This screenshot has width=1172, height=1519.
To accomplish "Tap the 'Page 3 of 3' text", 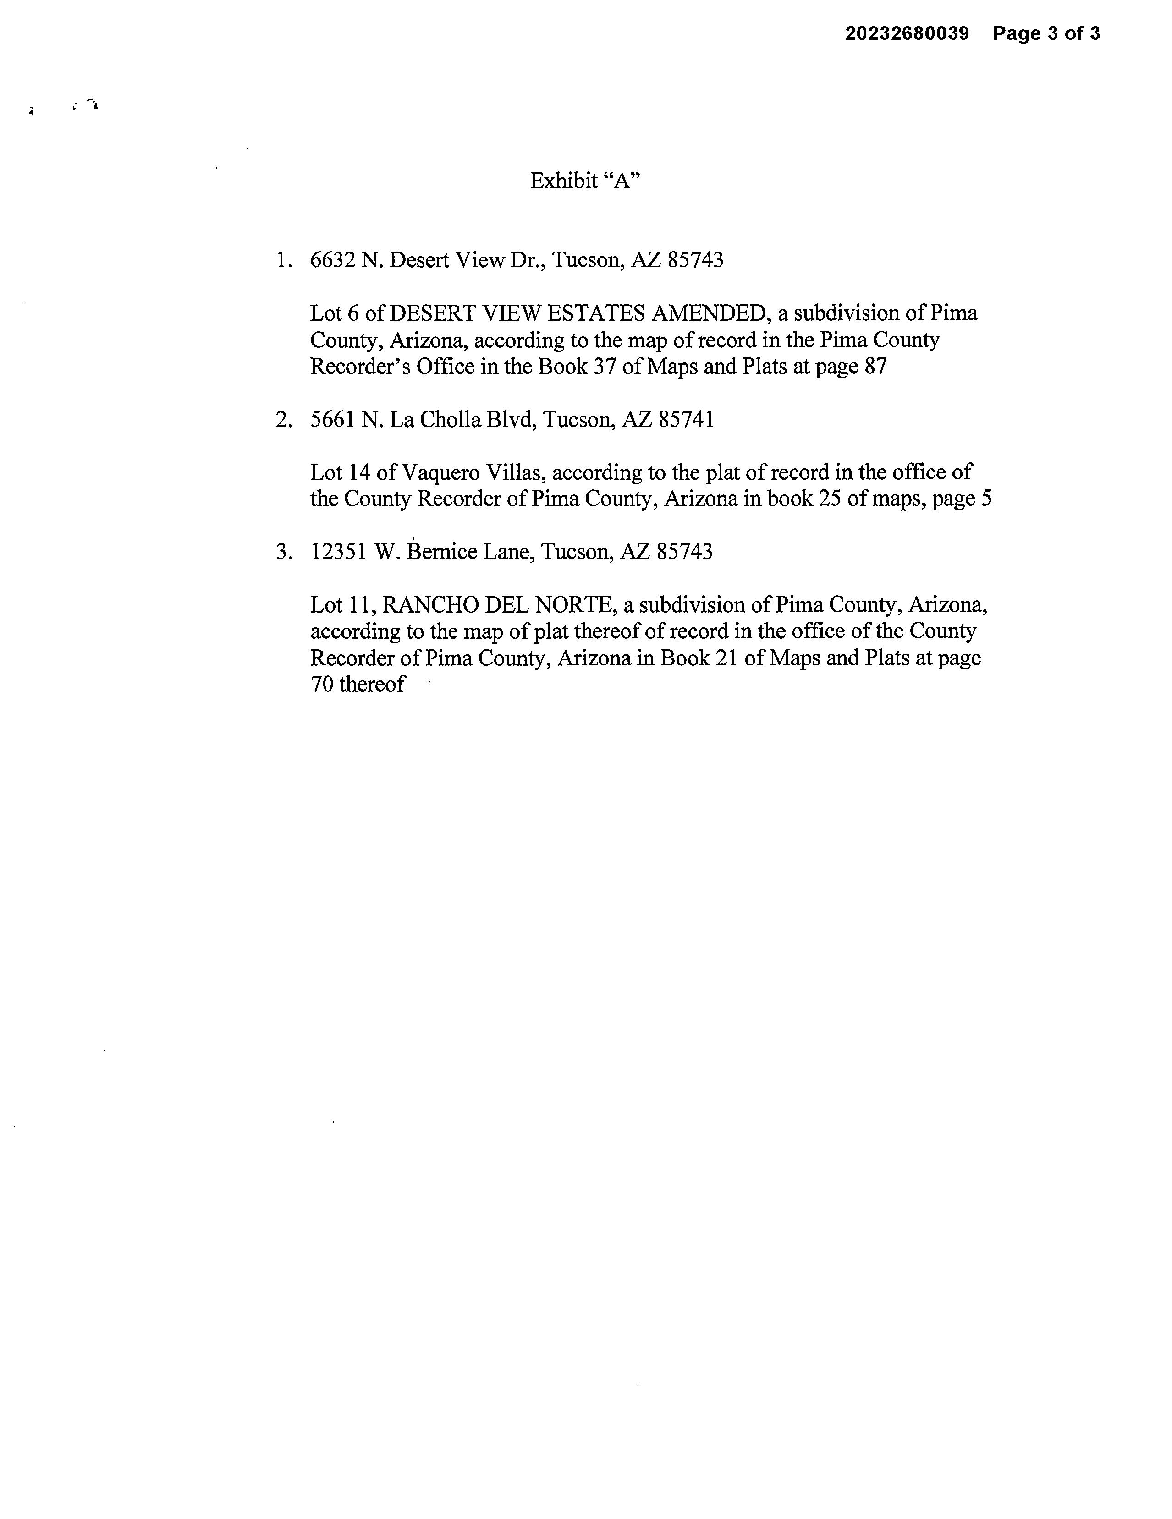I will (x=1046, y=33).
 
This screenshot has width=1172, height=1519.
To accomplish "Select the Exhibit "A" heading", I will (x=584, y=181).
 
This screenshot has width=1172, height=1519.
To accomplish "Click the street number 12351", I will (x=338, y=552).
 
